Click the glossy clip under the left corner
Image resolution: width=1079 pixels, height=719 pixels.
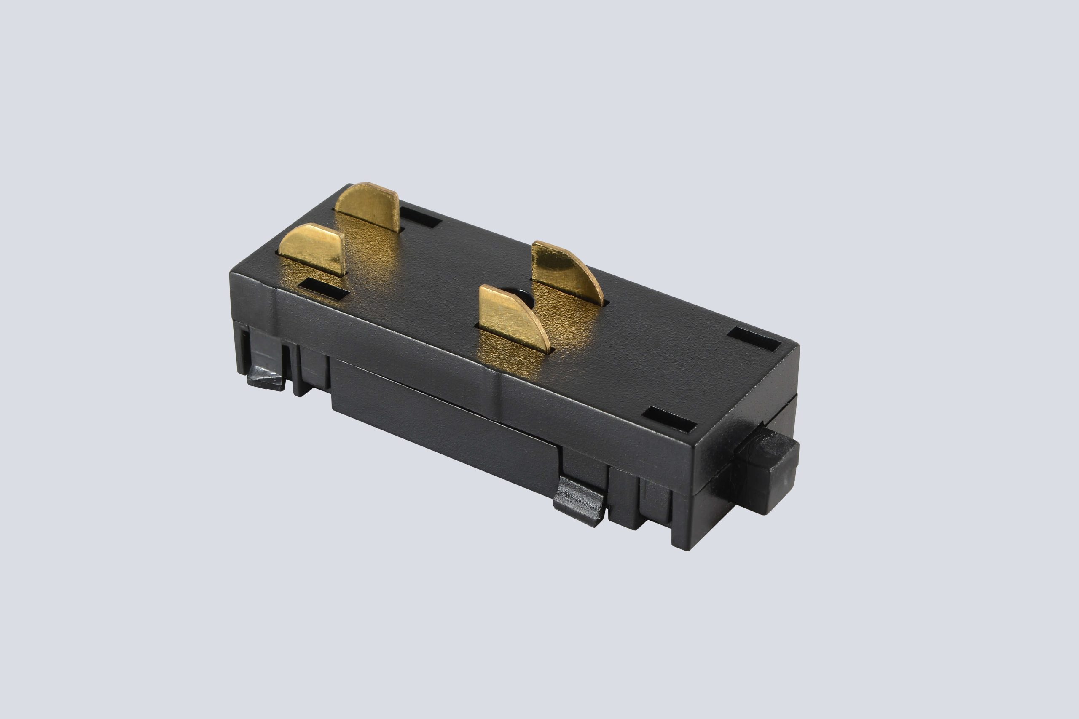tap(266, 379)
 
